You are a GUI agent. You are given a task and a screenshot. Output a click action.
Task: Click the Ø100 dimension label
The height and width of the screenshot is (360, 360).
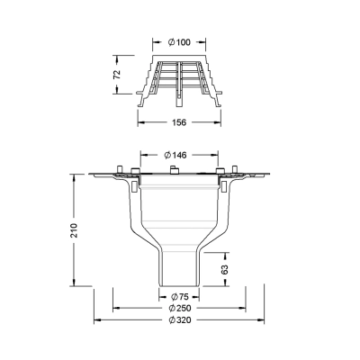179,42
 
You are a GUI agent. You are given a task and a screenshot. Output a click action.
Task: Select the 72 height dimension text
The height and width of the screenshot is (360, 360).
117,75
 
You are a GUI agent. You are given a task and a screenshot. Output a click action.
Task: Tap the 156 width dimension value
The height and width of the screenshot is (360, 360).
179,122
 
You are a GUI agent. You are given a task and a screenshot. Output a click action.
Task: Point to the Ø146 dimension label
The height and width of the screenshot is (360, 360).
175,155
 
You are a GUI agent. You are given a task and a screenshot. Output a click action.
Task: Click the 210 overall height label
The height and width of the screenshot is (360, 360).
74,230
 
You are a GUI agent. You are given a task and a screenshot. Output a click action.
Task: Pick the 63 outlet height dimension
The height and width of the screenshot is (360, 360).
225,269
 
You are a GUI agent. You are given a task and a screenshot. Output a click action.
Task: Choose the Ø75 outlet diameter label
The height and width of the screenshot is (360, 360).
179,297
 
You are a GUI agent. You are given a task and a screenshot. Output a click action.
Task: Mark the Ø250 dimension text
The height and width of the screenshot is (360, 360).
179,308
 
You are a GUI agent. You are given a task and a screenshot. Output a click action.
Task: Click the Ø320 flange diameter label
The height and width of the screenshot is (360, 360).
179,320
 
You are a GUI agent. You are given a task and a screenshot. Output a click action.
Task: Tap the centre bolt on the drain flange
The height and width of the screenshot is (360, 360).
175,170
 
